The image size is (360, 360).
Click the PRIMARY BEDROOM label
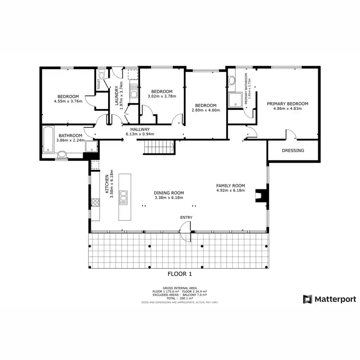pos(288,104)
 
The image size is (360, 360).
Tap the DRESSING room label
pos(293,150)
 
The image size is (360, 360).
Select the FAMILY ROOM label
pos(230,185)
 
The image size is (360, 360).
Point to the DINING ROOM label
pos(169,193)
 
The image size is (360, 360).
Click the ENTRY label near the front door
pos(186,217)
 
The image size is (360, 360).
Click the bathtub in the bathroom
pos(49,140)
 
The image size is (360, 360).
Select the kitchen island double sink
pos(124,197)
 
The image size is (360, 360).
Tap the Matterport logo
pos(329,299)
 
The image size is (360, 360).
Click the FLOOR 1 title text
pos(180,274)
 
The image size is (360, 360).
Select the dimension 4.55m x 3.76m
pos(68,101)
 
